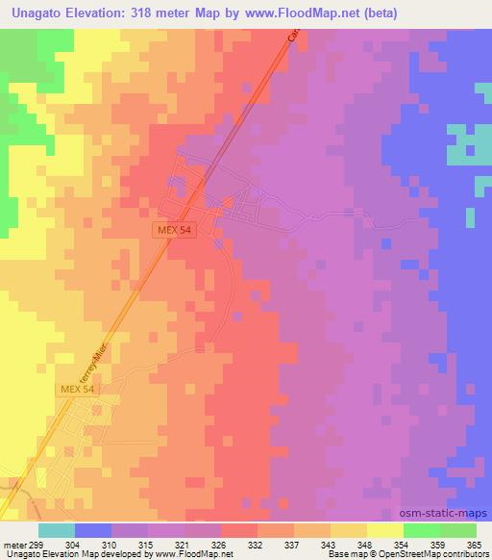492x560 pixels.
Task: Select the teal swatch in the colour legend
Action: (56, 530)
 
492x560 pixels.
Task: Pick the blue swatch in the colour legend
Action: (93, 530)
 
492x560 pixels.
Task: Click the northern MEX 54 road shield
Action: (173, 231)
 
